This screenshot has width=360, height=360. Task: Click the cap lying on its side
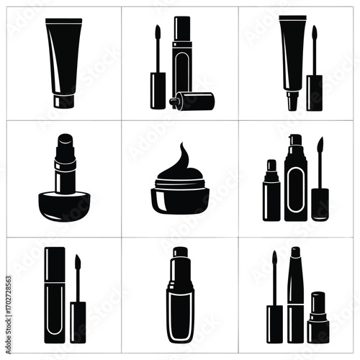pos(193,101)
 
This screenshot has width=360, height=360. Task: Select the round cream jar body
pos(180,197)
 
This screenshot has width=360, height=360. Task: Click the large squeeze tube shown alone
pos(63,58)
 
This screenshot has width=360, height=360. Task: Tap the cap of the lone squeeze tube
pos(63,101)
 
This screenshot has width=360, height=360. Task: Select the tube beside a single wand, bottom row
pos(55,295)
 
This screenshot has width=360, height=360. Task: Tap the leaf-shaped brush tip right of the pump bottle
pos(320,151)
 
